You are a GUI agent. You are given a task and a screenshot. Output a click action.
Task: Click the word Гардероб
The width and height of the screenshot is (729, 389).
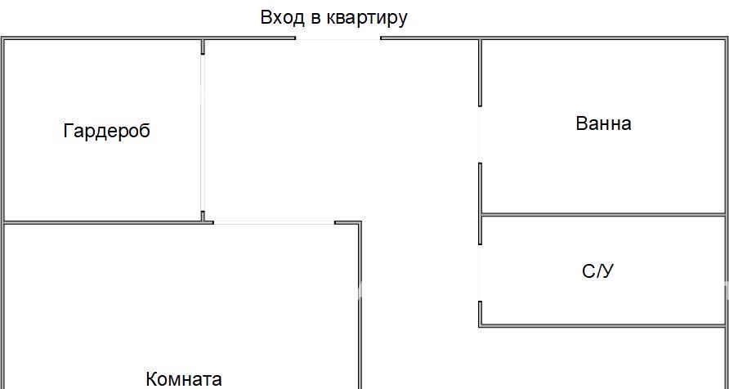click(106, 131)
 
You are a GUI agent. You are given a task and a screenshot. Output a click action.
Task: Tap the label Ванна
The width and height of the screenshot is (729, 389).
click(603, 123)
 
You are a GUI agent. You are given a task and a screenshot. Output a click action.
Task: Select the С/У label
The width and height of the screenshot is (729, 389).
click(598, 271)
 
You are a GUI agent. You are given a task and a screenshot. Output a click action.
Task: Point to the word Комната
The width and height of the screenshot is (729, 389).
click(184, 378)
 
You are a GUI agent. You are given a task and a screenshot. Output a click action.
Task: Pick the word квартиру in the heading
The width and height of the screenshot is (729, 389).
click(367, 19)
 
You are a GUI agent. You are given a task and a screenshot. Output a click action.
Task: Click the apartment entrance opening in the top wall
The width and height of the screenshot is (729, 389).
click(338, 38)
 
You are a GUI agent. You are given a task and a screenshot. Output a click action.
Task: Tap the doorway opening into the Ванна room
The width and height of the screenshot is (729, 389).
click(481, 134)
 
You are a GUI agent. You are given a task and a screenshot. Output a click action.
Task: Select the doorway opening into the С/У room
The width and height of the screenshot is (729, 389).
click(481, 273)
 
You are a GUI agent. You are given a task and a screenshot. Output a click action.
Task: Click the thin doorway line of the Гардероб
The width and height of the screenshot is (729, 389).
click(202, 132)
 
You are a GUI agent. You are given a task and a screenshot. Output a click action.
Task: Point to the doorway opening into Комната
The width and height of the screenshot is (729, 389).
click(275, 223)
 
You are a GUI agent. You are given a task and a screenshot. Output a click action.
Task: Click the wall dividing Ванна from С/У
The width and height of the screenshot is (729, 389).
click(603, 215)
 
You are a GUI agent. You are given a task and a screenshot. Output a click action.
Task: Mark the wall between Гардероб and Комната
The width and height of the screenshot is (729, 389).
click(109, 223)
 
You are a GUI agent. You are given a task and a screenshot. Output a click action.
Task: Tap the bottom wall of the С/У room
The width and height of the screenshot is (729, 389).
click(602, 326)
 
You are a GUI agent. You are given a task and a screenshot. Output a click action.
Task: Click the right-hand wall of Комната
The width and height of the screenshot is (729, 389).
click(360, 306)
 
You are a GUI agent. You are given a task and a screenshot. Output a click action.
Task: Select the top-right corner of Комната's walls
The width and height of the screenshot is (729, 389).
click(360, 223)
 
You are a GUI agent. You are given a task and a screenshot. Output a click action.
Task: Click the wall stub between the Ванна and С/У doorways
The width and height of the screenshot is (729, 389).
click(481, 203)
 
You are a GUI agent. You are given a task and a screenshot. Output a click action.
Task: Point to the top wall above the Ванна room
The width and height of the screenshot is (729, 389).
click(603, 38)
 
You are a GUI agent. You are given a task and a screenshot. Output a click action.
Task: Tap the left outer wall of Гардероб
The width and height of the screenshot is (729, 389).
click(3, 130)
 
